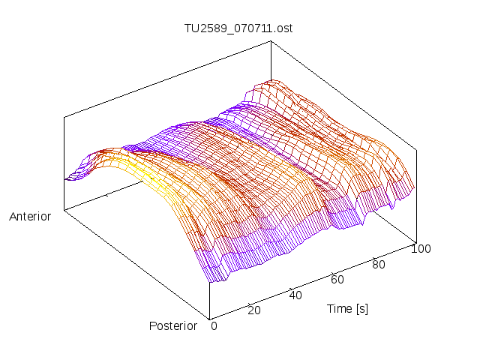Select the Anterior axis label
point(30,217)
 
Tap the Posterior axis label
point(173,325)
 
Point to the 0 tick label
point(214,325)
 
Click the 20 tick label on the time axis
point(253,310)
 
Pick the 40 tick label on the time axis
point(295,295)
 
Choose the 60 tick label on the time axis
point(337,280)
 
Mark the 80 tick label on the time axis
point(379,264)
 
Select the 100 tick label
point(421,249)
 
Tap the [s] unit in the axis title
point(362,308)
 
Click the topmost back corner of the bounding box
point(271,41)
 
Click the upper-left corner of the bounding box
point(64,118)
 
